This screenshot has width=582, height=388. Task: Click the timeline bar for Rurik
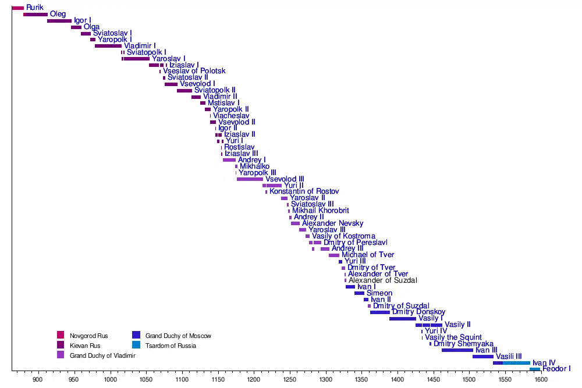[x=17, y=8]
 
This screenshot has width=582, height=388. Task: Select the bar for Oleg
[x=35, y=15]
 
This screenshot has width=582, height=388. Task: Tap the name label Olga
[x=91, y=27]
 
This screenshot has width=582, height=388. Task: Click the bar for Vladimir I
[x=108, y=46]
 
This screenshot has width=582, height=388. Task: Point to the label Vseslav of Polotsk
[x=194, y=71]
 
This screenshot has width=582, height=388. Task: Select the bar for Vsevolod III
[x=250, y=179]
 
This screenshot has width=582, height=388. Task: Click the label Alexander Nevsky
[x=332, y=223]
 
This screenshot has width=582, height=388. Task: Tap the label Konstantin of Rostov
[x=304, y=191]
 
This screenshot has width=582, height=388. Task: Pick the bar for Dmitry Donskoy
[x=380, y=312]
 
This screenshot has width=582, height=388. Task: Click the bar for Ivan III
[x=457, y=350]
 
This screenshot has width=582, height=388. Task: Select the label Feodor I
[x=556, y=369]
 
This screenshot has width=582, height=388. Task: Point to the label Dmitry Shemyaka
[x=464, y=344]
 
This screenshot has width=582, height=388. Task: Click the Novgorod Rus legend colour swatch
[x=61, y=334]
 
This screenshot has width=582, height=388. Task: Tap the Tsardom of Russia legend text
[x=171, y=346]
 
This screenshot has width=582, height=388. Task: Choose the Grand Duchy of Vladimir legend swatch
[x=61, y=355]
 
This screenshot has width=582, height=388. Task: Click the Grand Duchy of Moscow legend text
[x=178, y=336]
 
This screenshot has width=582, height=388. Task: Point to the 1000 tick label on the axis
[x=111, y=379]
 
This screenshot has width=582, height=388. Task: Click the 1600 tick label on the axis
[x=541, y=379]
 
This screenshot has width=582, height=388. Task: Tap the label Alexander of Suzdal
[x=383, y=280]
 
